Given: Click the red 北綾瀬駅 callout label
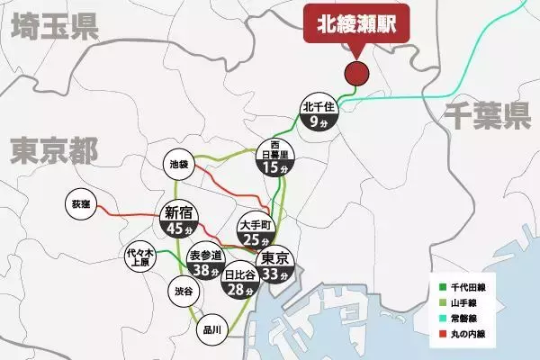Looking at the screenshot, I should point(356,25).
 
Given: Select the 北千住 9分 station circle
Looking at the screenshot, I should point(319,112).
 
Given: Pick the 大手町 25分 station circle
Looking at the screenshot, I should point(256,229).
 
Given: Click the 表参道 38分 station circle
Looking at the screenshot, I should point(206,262).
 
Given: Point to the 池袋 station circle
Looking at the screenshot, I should point(180,166).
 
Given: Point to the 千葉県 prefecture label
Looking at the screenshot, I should point(488,115).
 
